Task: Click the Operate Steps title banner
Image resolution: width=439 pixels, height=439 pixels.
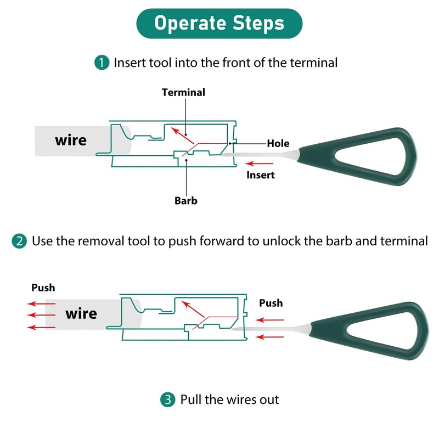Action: (x=219, y=24)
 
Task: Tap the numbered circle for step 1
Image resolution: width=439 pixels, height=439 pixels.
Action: (x=102, y=63)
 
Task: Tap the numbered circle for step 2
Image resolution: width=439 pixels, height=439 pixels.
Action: (x=19, y=241)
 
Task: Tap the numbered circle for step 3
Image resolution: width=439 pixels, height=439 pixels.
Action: (x=168, y=399)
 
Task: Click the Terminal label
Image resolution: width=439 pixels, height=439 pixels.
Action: (x=183, y=92)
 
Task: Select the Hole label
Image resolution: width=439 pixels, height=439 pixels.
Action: (x=278, y=144)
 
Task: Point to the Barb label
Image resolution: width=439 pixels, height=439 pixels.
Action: (x=186, y=200)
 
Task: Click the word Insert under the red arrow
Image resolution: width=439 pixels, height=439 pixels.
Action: (x=260, y=175)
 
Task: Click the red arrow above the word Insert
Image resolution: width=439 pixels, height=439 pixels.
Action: (x=257, y=164)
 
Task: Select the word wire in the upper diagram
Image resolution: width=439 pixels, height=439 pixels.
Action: (x=71, y=140)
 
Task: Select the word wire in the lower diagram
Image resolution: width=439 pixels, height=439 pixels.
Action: (x=81, y=314)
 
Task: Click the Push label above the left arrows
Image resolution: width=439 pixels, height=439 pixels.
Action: (x=43, y=288)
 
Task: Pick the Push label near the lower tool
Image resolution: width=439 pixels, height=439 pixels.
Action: (x=271, y=303)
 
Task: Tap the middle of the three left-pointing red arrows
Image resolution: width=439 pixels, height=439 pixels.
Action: (x=41, y=315)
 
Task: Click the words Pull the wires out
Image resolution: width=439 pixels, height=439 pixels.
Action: (x=229, y=399)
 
